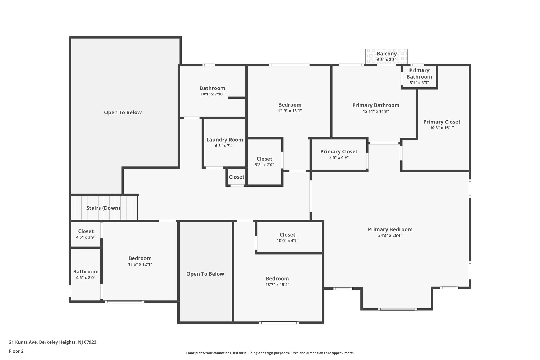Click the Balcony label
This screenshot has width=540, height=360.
(x=387, y=54)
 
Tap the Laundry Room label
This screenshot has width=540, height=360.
(x=225, y=140)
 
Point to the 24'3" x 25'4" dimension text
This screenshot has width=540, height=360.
(x=390, y=236)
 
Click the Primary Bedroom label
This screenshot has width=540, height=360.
(x=390, y=229)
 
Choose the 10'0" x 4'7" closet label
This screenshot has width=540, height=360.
(x=287, y=235)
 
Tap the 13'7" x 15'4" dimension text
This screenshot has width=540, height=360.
(x=277, y=285)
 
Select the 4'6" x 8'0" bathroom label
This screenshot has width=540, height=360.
(x=86, y=272)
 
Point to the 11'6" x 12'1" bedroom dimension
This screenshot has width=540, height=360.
(x=140, y=264)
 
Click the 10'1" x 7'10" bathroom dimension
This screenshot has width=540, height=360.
(x=212, y=94)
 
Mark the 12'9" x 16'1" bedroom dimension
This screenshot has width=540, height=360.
(x=290, y=111)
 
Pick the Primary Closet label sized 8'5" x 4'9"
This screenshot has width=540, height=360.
(x=339, y=152)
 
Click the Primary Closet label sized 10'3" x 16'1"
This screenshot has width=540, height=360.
(x=442, y=122)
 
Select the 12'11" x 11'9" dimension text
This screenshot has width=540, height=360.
(x=376, y=111)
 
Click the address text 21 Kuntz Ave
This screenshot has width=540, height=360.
(x=23, y=342)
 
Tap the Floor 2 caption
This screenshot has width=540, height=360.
(x=16, y=351)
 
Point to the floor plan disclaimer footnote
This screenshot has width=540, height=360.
(x=270, y=353)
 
